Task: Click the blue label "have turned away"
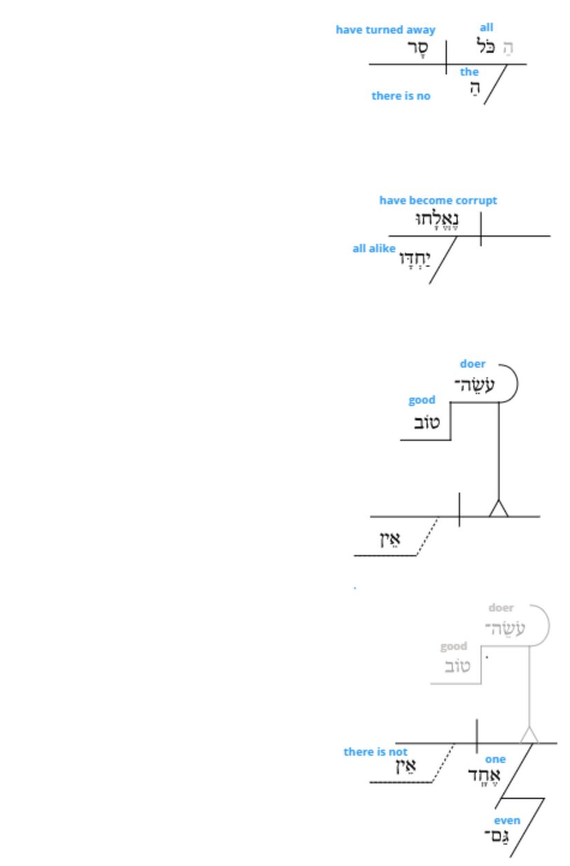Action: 386,30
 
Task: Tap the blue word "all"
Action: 487,28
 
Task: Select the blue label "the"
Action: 470,72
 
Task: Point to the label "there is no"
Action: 401,96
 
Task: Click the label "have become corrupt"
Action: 438,201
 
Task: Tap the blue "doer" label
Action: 473,364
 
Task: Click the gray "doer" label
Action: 501,609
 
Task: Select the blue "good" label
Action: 422,400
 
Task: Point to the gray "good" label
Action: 454,647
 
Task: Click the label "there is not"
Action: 375,752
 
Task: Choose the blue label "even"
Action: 506,821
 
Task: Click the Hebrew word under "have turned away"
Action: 417,49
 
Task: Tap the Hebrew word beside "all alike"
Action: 414,259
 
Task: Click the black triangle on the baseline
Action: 498,509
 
